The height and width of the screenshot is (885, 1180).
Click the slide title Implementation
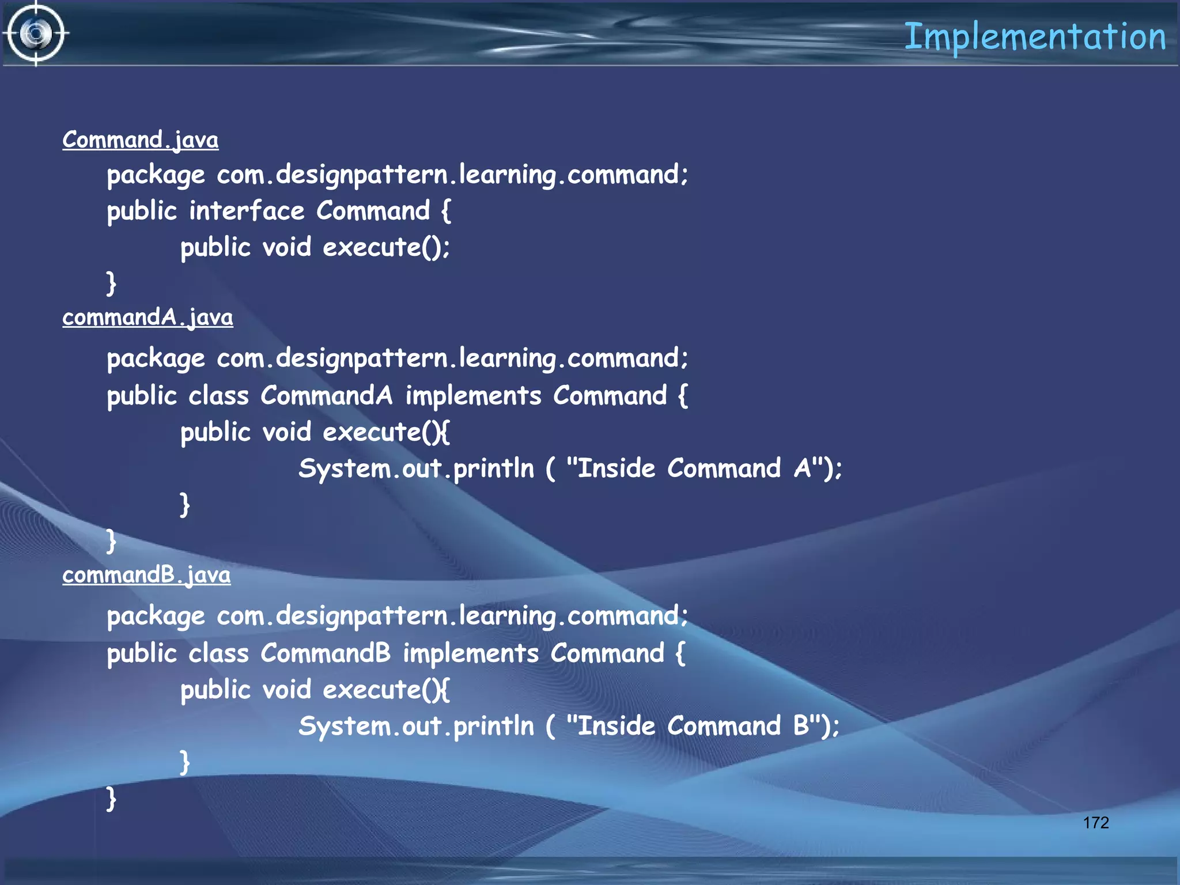click(x=1035, y=37)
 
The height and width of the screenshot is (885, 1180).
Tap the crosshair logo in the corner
click(x=36, y=33)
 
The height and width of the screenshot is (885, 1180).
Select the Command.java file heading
click(x=141, y=140)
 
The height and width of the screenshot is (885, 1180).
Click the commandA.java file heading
click(x=147, y=317)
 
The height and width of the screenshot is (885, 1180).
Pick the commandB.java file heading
click(x=146, y=575)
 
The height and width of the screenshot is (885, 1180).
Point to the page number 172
click(x=1095, y=822)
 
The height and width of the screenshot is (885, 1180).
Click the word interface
click(x=247, y=211)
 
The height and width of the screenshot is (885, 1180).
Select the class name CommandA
click(x=326, y=396)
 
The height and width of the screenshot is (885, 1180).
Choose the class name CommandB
click(x=326, y=653)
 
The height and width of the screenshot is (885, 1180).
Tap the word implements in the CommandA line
click(x=473, y=396)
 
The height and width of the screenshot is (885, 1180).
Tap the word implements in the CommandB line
click(x=471, y=653)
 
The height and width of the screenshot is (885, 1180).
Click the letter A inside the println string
click(x=802, y=468)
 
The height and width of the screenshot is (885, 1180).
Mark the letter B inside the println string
click(x=801, y=726)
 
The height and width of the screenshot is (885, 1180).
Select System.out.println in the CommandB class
click(x=416, y=727)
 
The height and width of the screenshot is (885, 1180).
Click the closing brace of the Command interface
click(x=111, y=283)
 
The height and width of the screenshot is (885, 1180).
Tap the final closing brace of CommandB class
click(x=111, y=799)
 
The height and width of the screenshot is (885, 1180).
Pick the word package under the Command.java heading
click(x=156, y=175)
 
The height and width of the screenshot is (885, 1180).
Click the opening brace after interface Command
click(x=445, y=211)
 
